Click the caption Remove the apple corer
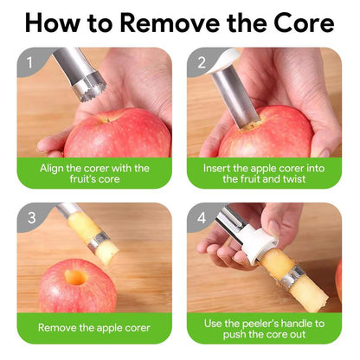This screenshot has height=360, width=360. pyautogui.click(x=93, y=328)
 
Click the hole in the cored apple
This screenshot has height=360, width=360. pyautogui.click(x=75, y=278)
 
